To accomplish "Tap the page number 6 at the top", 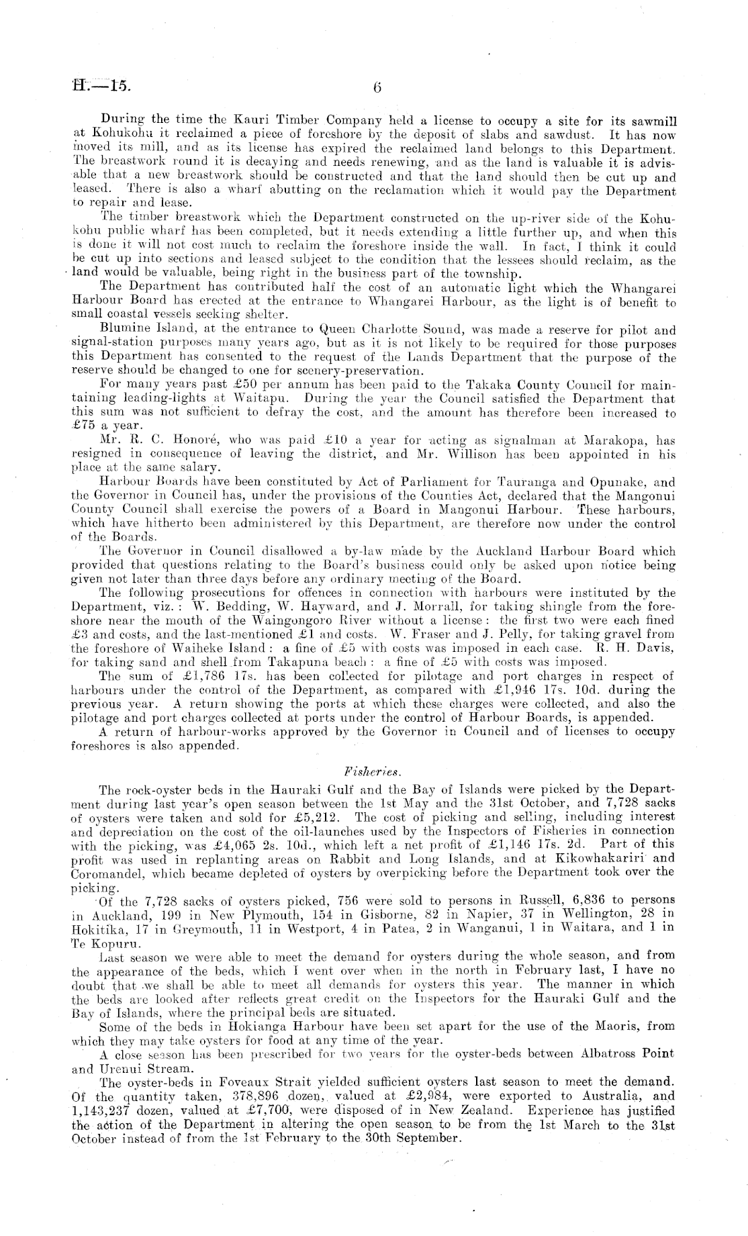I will click(x=376, y=87).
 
